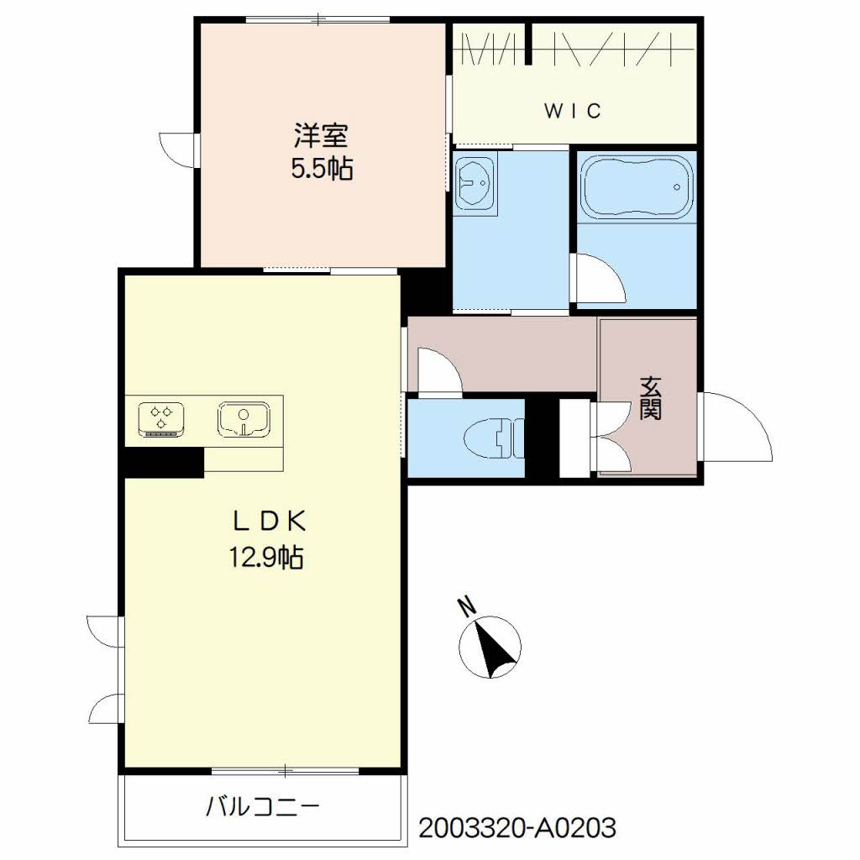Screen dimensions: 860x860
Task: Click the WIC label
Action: tap(573, 111)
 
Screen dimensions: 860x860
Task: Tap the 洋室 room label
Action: tap(322, 135)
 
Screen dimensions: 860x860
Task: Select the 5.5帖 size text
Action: tap(322, 168)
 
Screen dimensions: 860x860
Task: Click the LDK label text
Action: tap(269, 521)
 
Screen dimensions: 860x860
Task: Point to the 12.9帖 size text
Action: tap(266, 558)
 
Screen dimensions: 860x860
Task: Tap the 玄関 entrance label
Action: tap(651, 398)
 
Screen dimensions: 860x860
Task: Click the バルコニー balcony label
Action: tap(263, 806)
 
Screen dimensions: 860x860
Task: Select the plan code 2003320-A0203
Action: tap(517, 827)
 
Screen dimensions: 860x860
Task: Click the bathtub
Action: tap(637, 186)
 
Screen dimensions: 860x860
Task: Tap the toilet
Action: tap(494, 438)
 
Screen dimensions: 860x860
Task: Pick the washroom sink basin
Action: tap(475, 181)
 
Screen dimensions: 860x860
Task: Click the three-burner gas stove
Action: tap(160, 420)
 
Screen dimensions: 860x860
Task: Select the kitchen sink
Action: tap(244, 419)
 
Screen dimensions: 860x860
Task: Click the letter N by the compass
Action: tap(467, 606)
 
